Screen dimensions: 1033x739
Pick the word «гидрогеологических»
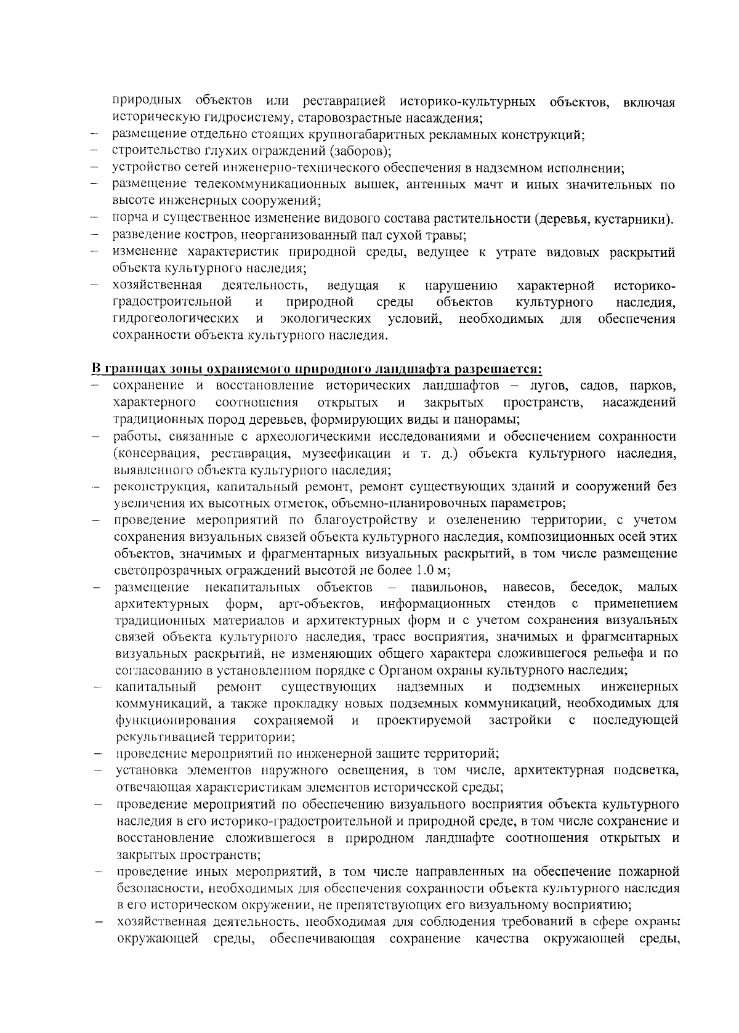tap(176, 319)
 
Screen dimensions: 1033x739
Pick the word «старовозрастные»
tap(333, 118)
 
